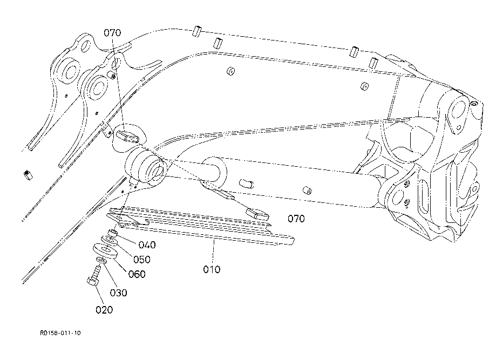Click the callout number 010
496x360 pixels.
tap(212, 269)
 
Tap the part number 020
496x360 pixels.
tap(104, 309)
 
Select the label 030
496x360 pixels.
tap(119, 293)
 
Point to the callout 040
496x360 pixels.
tap(146, 245)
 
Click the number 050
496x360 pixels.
tap(141, 259)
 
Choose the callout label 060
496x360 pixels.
tap(136, 274)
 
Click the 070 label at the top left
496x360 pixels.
tap(112, 33)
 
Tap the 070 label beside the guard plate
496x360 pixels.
tap(296, 219)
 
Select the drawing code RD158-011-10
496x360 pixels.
tap(60, 334)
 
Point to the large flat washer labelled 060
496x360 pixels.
tap(106, 250)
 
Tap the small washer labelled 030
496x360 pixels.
tap(99, 263)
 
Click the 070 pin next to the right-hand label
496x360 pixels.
tap(259, 212)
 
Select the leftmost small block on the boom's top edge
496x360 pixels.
tap(196, 32)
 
